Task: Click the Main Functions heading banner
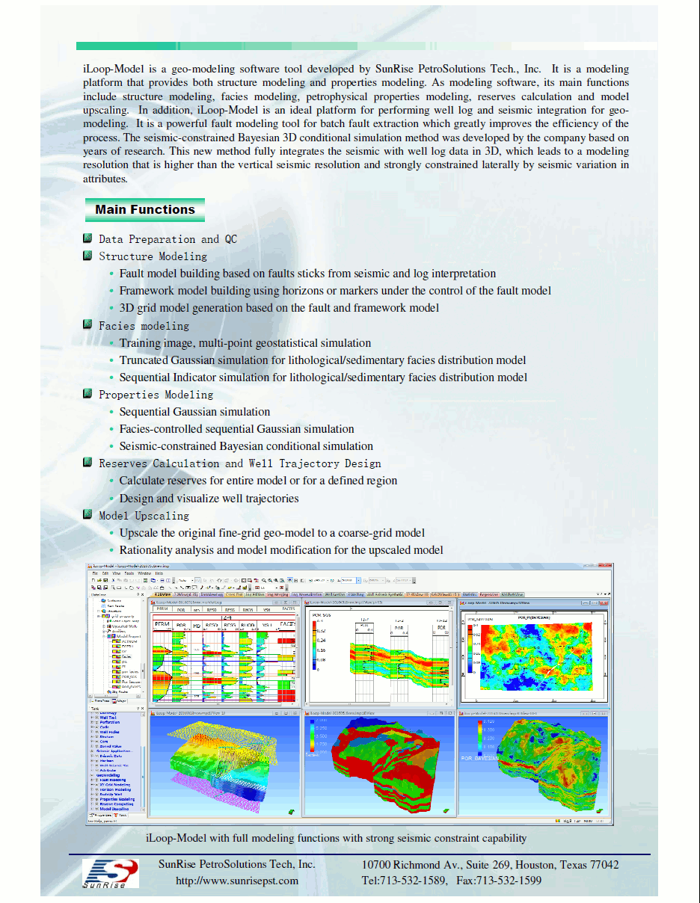point(144,210)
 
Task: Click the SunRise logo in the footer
point(110,873)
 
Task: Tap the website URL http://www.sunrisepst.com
point(237,881)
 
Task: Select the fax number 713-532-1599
point(509,881)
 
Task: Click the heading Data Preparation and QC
point(168,239)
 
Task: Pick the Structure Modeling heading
point(153,256)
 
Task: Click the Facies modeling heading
point(144,326)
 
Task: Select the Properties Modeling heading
point(156,395)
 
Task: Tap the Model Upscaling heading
point(144,516)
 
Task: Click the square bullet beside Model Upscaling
point(88,515)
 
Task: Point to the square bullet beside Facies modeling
point(88,325)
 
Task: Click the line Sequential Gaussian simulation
point(194,412)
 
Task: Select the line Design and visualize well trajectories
point(209,499)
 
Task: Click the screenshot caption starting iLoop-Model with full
point(336,838)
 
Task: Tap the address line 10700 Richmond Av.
point(490,865)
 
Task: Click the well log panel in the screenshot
point(224,654)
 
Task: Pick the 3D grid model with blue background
point(224,766)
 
